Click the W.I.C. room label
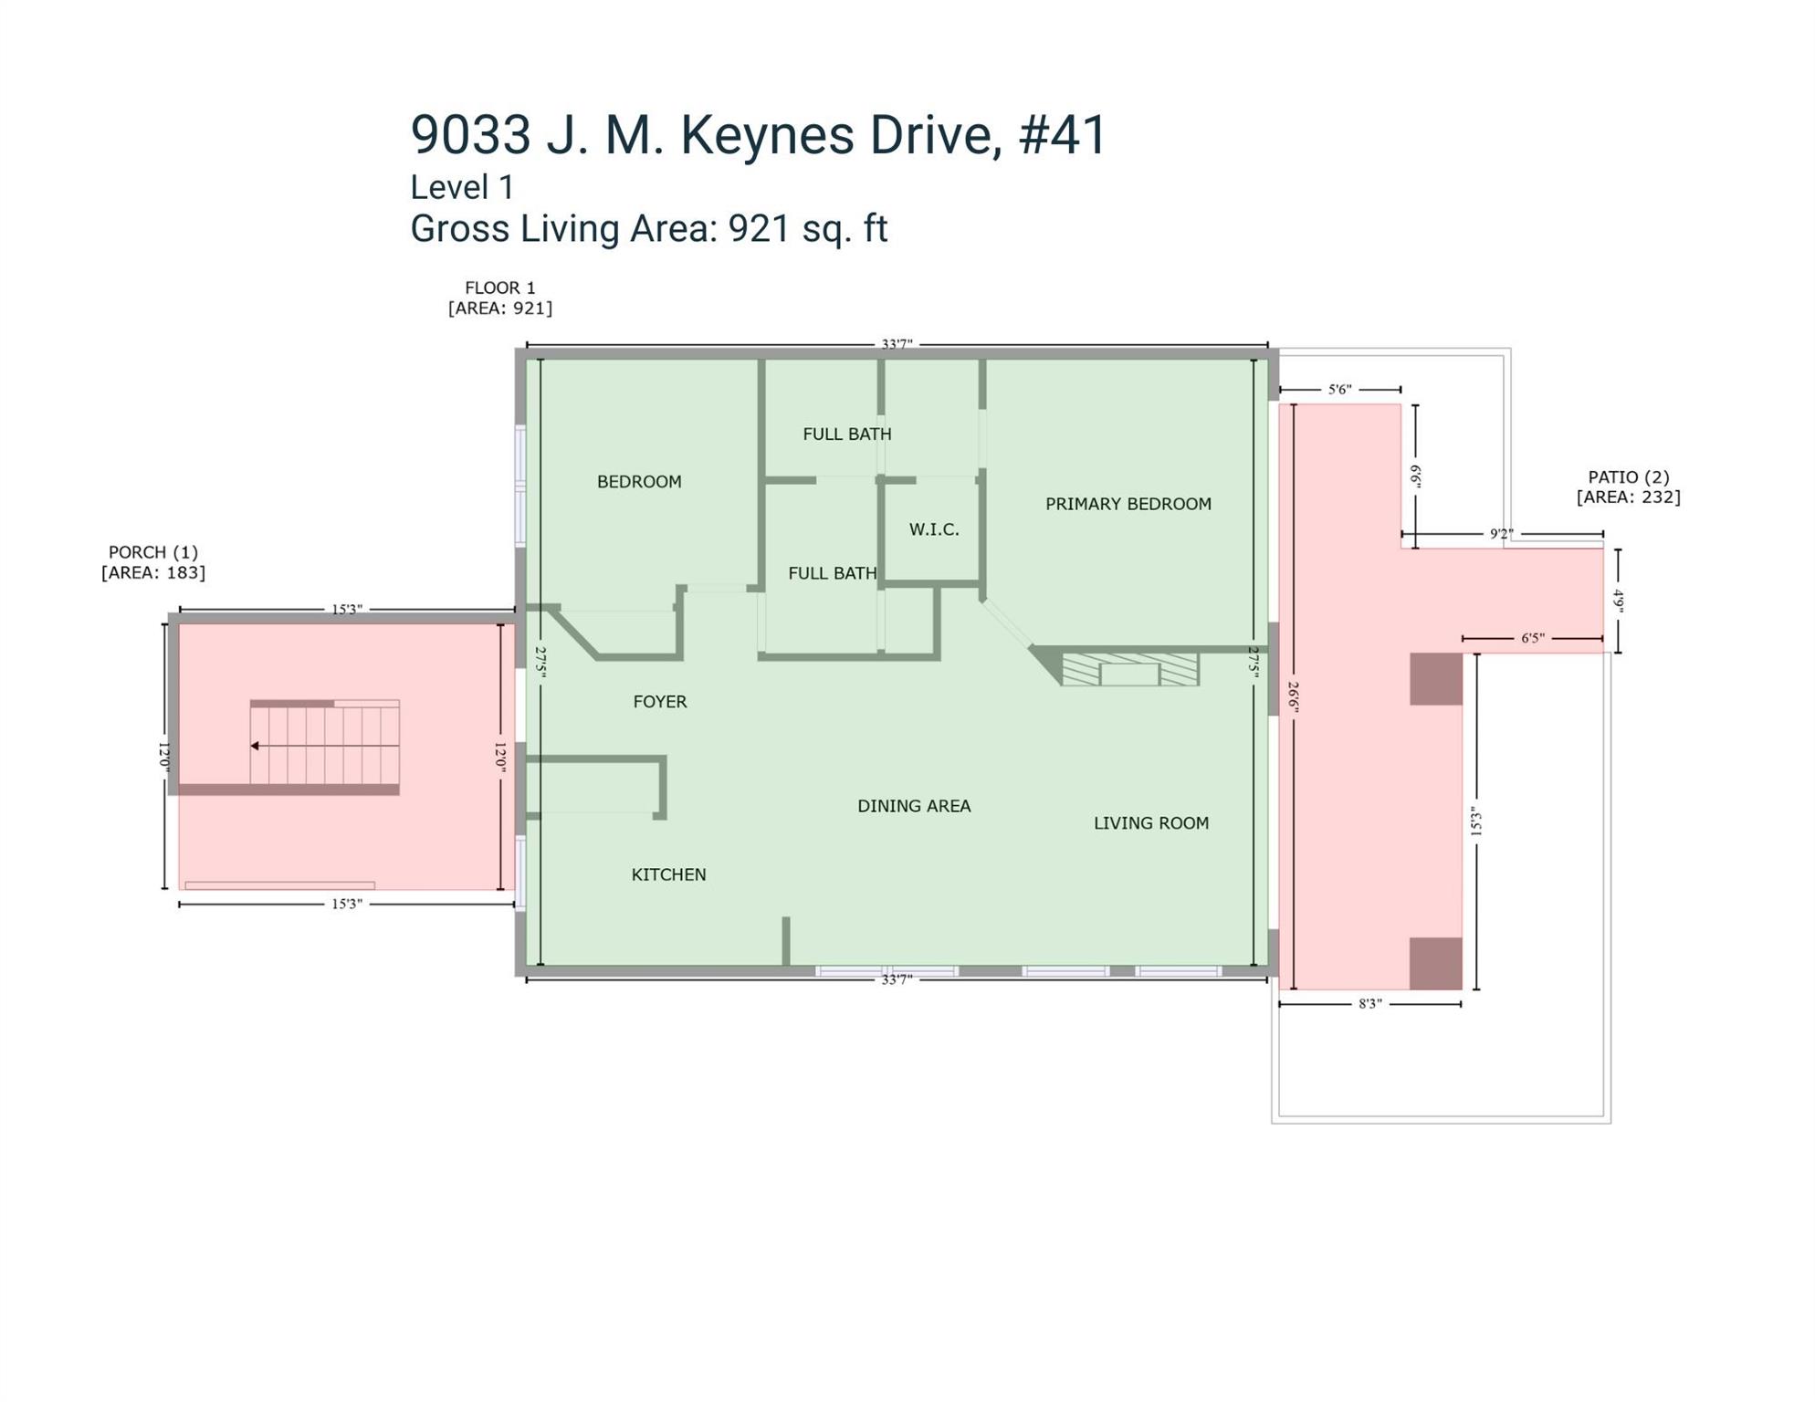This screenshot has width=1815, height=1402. [934, 529]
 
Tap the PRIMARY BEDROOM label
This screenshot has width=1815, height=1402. [1128, 504]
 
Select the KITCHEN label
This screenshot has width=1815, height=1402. [668, 874]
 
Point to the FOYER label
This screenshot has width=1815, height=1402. [660, 702]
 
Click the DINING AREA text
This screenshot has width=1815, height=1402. [914, 806]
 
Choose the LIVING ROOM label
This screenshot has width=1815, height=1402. [1151, 823]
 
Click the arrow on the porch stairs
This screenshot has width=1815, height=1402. [325, 746]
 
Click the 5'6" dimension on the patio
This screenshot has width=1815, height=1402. [1339, 390]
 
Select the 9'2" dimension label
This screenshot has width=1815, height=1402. [1502, 534]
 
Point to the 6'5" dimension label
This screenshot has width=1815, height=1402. [1532, 638]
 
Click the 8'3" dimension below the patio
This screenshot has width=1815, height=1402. [1370, 1004]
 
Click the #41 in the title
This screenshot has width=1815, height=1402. [1063, 135]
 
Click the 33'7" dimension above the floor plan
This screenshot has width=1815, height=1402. [897, 345]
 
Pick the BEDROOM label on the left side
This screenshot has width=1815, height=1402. [639, 482]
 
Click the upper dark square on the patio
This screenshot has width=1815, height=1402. [1436, 679]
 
